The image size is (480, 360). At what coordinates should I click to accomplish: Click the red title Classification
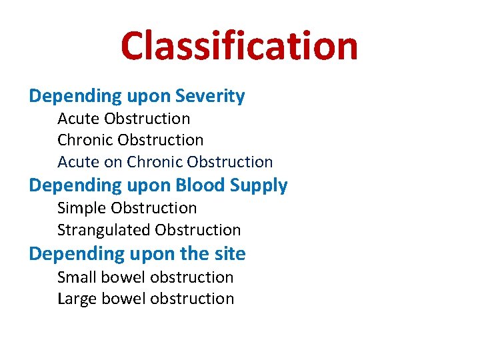(x=239, y=46)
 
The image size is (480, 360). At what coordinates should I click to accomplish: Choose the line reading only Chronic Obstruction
(x=130, y=140)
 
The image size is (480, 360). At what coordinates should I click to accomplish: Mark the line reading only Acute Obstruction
(x=123, y=119)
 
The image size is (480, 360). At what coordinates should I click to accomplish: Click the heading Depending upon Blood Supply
(x=158, y=185)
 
